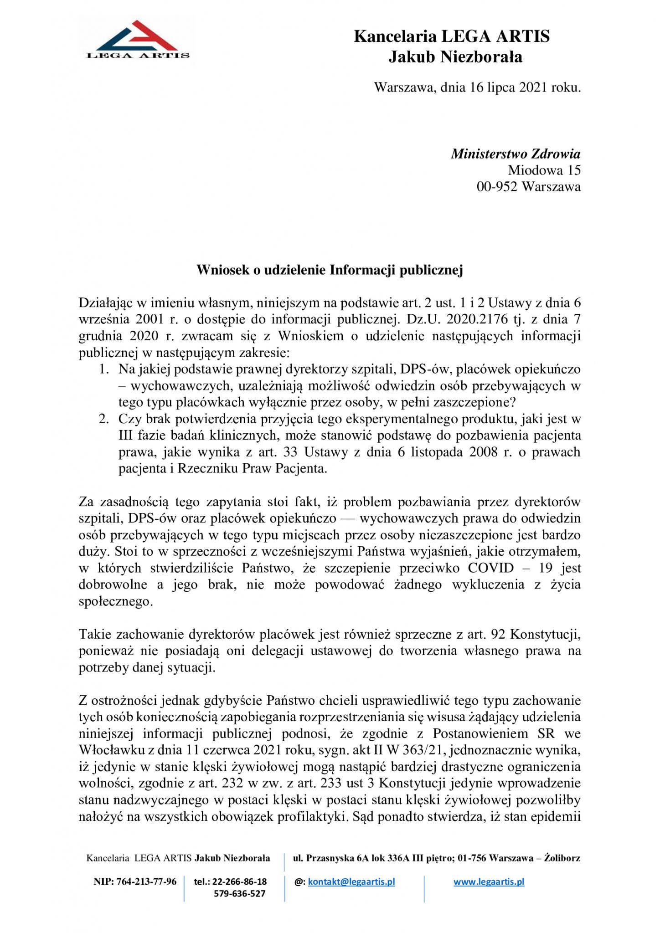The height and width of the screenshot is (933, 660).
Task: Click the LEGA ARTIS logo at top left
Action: (x=138, y=40)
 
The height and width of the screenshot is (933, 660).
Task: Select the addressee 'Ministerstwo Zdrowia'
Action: (x=516, y=154)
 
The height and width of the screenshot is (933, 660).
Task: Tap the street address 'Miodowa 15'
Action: (x=544, y=170)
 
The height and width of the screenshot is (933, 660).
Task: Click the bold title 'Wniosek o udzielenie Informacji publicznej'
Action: (x=330, y=270)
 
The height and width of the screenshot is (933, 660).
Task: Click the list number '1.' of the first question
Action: (x=104, y=369)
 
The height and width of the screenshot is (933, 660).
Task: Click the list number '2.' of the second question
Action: (x=104, y=419)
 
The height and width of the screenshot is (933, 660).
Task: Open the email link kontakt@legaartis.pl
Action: (x=351, y=882)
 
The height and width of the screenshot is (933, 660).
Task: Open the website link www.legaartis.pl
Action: (x=489, y=882)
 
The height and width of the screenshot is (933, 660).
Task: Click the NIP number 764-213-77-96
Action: (x=146, y=882)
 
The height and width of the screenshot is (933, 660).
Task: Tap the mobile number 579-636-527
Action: (x=240, y=893)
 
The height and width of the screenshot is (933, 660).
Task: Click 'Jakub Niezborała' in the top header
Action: (x=455, y=57)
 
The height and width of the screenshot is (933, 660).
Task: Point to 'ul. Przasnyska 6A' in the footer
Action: (x=331, y=858)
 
